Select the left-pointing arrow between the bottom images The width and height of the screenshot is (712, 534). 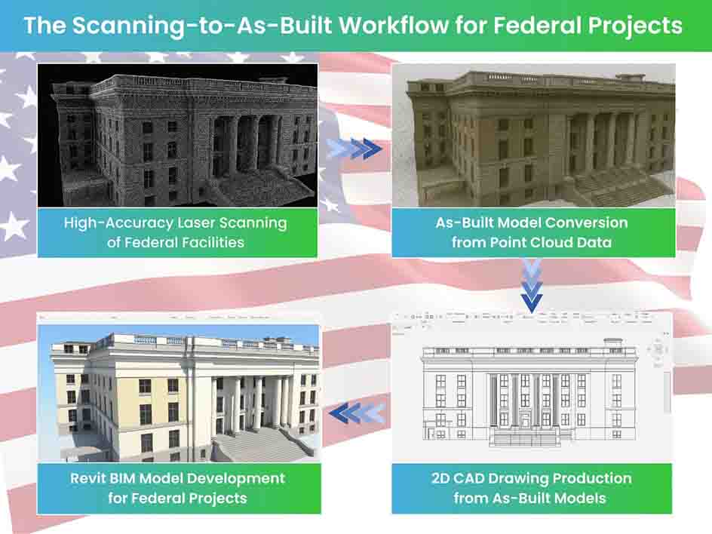[x=356, y=413]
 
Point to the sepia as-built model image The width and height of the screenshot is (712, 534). [x=532, y=134]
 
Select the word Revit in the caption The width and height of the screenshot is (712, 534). [x=91, y=478]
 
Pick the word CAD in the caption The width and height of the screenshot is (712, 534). [x=471, y=478]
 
